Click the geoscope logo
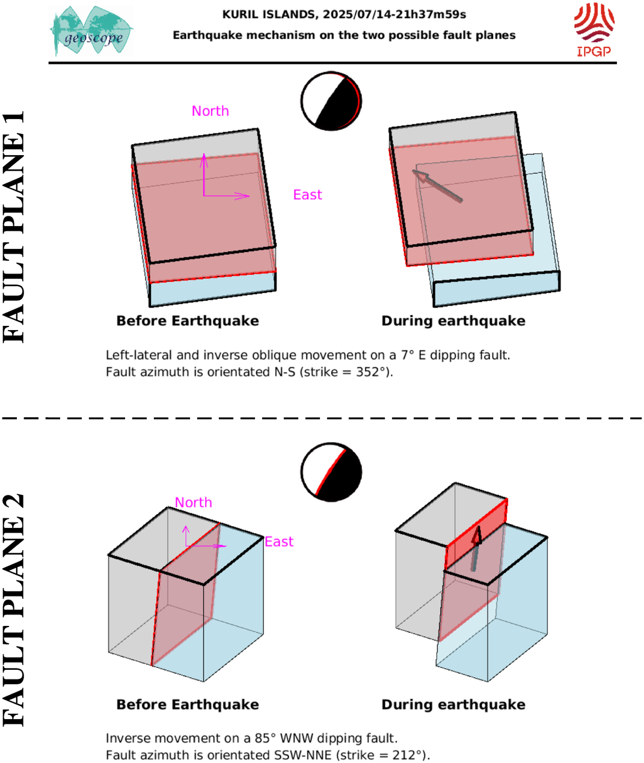[x=91, y=31]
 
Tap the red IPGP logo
[x=594, y=29]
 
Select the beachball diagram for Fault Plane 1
[x=331, y=101]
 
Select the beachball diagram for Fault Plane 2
[x=331, y=472]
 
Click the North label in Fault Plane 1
[x=210, y=111]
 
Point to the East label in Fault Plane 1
[x=307, y=195]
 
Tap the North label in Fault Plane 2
[x=194, y=503]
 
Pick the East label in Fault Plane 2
[x=279, y=542]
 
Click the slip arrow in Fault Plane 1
[x=437, y=185]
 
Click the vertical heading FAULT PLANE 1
[x=14, y=227]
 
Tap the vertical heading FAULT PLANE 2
[x=14, y=610]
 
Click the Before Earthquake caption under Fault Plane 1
[x=188, y=321]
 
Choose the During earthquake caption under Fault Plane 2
[x=453, y=705]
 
